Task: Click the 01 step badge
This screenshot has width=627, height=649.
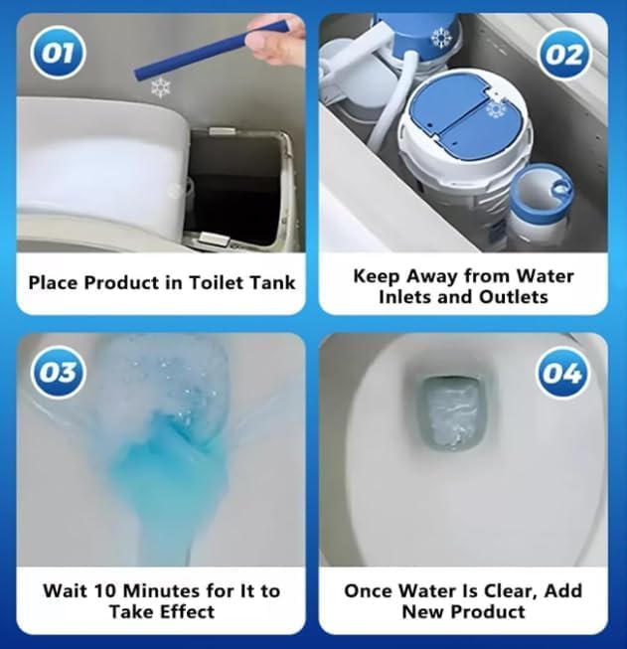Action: (x=59, y=53)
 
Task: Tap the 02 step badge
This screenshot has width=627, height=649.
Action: (x=565, y=55)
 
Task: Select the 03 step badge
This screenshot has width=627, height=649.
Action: (x=59, y=372)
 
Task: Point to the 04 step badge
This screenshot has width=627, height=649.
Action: (x=562, y=374)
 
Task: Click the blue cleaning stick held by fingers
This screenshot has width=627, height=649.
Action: (x=211, y=49)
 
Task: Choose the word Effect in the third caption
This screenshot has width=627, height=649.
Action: (x=189, y=611)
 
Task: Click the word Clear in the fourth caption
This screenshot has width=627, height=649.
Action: (x=508, y=591)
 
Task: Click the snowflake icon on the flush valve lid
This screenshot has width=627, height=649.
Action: (x=496, y=109)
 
